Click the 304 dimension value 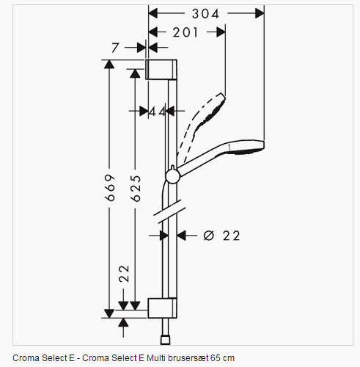[205, 14]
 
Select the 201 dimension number [185, 32]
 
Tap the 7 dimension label [115, 48]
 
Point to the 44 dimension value [158, 112]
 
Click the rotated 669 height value [110, 188]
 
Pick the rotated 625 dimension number [136, 189]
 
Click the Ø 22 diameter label [221, 236]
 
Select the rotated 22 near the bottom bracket [124, 274]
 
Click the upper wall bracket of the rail [161, 70]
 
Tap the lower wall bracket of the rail [162, 308]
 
